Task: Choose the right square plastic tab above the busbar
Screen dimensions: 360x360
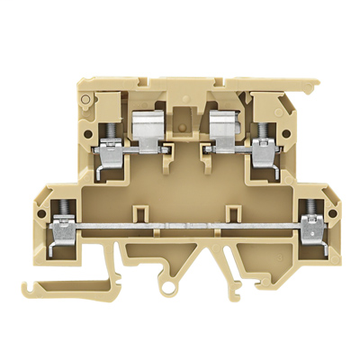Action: pos(229,212)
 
